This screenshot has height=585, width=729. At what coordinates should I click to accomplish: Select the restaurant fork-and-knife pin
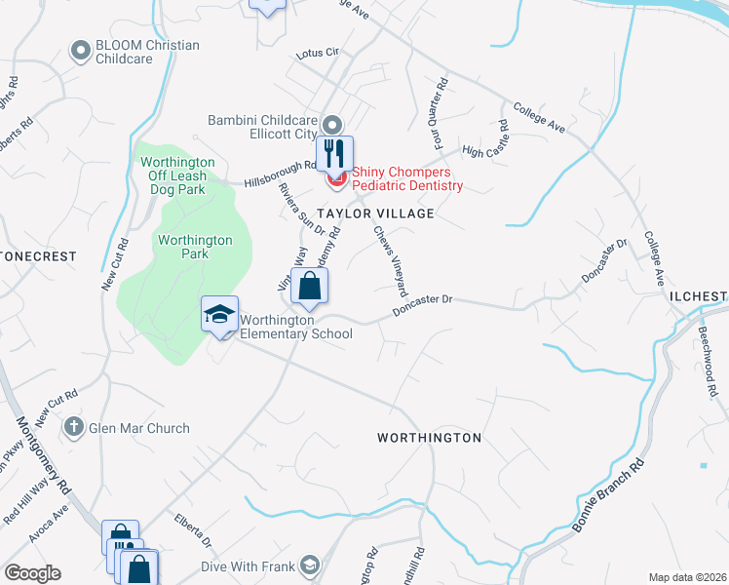pyautogui.click(x=334, y=153)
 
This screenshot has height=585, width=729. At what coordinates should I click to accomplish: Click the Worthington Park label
pyautogui.click(x=196, y=247)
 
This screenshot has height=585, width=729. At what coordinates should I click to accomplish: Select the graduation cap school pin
pyautogui.click(x=220, y=314)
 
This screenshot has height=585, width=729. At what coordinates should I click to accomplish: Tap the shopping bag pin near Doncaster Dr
pyautogui.click(x=309, y=286)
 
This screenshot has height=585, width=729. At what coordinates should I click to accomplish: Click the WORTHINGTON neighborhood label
pyautogui.click(x=429, y=438)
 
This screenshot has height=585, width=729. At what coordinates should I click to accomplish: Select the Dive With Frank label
pyautogui.click(x=249, y=565)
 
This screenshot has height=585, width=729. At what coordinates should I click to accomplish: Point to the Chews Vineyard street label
pyautogui.click(x=389, y=261)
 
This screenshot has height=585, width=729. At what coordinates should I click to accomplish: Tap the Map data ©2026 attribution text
pyautogui.click(x=687, y=577)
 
